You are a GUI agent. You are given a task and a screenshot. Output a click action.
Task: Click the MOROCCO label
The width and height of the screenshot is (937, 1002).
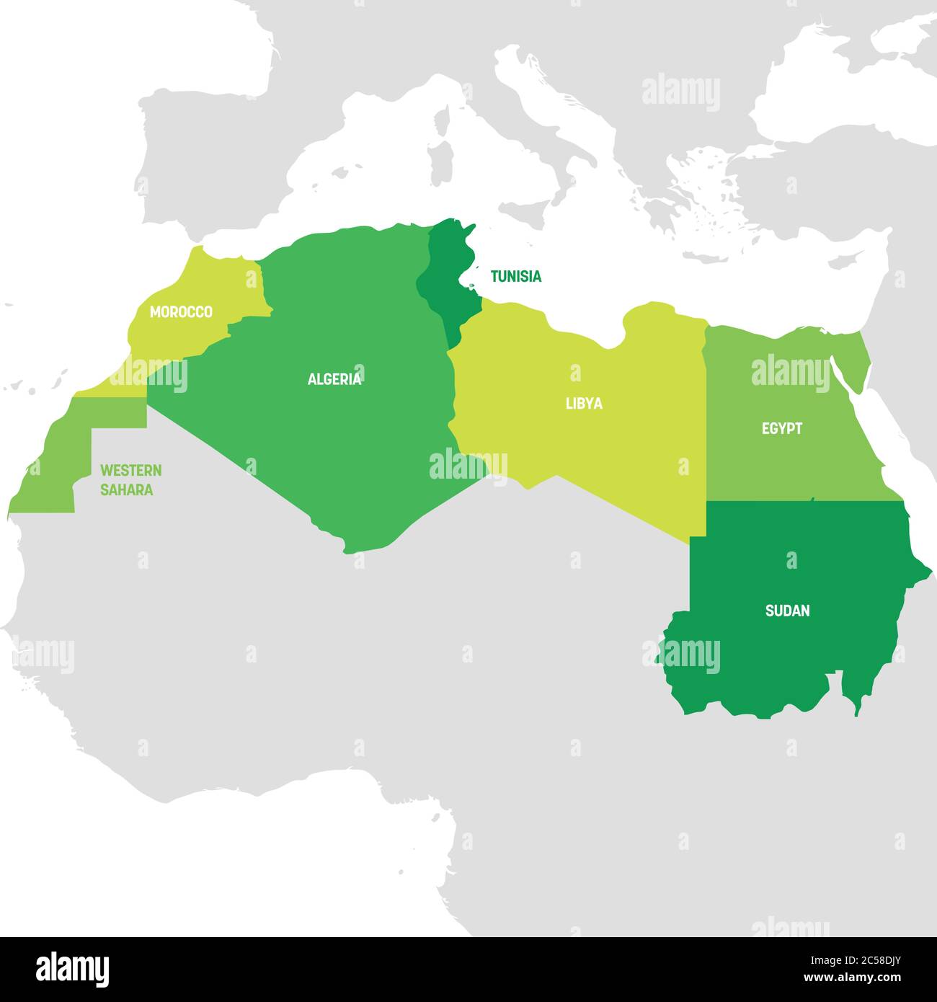(181, 312)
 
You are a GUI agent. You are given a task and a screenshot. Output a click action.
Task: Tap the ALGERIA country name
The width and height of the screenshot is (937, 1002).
(334, 379)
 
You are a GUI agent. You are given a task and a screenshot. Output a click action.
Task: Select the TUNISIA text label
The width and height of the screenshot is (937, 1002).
(515, 276)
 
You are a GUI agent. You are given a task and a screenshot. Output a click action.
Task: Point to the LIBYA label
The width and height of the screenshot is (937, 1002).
(584, 404)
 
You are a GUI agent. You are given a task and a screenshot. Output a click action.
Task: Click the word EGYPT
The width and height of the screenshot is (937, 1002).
(782, 429)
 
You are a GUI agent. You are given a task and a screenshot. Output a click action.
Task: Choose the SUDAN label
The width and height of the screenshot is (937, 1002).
(787, 611)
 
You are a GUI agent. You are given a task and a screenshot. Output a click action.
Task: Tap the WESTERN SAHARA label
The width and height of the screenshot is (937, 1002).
(130, 480)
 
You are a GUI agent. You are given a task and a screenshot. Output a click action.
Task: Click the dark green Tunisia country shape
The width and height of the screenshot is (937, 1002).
(451, 281)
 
